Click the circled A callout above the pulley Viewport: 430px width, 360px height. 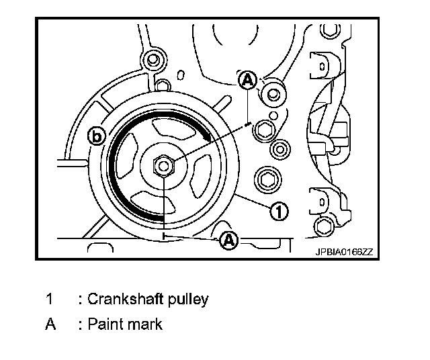tap(247, 81)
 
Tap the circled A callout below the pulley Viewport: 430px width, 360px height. tap(229, 239)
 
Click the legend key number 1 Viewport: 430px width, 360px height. tap(49, 299)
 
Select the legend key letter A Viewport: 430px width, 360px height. tap(50, 324)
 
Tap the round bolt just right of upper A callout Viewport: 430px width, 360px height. tap(272, 93)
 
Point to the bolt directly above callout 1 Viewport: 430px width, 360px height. tap(267, 179)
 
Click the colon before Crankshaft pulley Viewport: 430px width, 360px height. tap(81, 300)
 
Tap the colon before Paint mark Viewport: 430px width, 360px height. tap(81, 325)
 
